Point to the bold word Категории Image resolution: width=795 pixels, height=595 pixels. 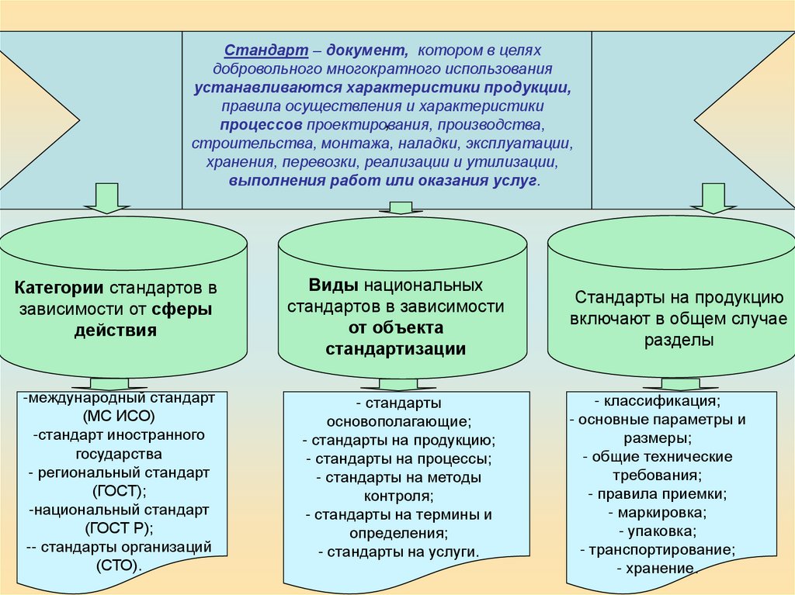click(x=60, y=288)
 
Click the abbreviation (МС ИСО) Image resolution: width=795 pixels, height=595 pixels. click(x=119, y=416)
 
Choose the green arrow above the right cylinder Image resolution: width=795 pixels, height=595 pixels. click(x=713, y=199)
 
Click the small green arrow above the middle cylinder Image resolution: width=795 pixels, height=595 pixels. click(x=400, y=208)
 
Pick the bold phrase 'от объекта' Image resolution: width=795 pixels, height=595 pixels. click(x=396, y=327)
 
